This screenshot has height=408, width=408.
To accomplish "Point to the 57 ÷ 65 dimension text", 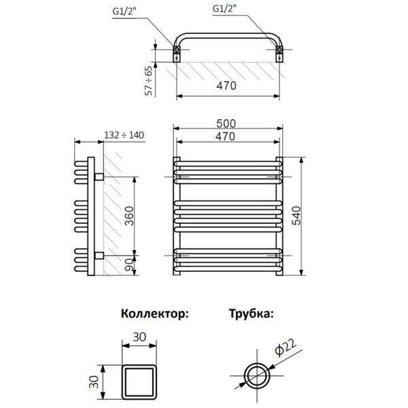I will pyautogui.click(x=149, y=81).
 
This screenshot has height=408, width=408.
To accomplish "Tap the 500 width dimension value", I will pyautogui.click(x=226, y=123).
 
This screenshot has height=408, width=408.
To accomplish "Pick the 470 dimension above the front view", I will pyautogui.click(x=226, y=136).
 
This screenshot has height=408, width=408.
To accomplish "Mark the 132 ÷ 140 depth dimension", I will pyautogui.click(x=125, y=135).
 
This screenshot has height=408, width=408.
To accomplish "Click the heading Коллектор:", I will pyautogui.click(x=154, y=314).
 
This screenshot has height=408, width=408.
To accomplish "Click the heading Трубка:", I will pyautogui.click(x=251, y=314).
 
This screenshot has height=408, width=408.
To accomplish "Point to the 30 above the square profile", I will pyautogui.click(x=140, y=337).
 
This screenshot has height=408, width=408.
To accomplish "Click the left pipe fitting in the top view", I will pyautogui.click(x=177, y=52).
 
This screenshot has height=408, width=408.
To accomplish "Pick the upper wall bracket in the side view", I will pyautogui.click(x=99, y=177).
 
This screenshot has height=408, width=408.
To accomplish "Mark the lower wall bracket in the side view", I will pyautogui.click(x=99, y=256).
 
